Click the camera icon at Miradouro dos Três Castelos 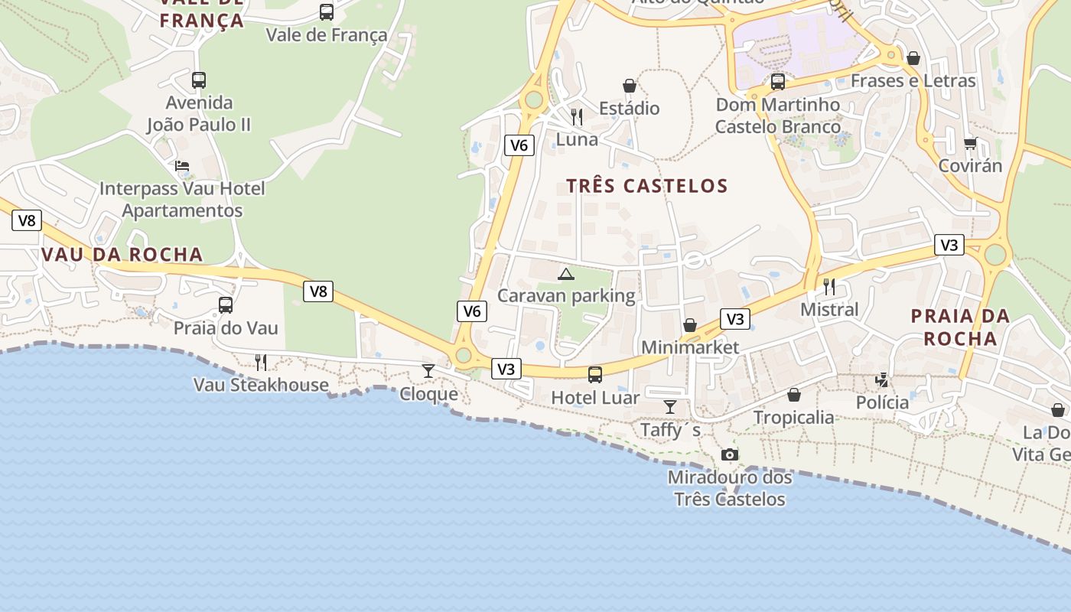[730, 455]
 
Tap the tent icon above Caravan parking [565, 274]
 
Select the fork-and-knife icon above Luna [577, 117]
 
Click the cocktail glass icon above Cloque [428, 371]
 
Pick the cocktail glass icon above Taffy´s [670, 406]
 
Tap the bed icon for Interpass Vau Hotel [182, 165]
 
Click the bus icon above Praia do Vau [226, 305]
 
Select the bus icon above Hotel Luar [595, 375]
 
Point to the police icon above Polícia [882, 379]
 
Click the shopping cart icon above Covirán [970, 143]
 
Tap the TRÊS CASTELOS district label [647, 186]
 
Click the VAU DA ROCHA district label [122, 255]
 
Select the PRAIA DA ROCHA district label [960, 327]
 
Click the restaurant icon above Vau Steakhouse [261, 362]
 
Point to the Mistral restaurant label [829, 310]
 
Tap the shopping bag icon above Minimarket [690, 325]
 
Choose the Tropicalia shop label [793, 418]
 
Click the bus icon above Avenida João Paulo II [199, 80]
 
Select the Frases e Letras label [913, 81]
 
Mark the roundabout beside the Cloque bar [464, 356]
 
